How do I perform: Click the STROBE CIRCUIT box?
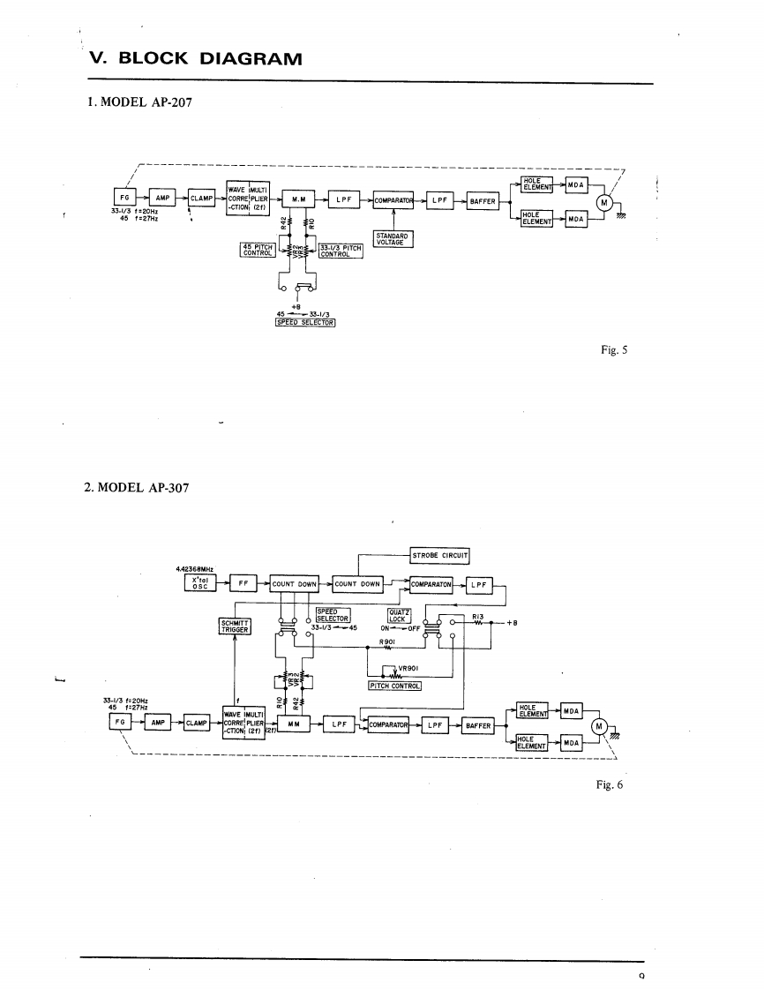pos(439,556)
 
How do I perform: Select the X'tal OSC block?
pos(199,583)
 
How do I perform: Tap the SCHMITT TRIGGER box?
pos(234,626)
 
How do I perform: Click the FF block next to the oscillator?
pos(242,583)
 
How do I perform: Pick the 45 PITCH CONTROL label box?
pos(258,250)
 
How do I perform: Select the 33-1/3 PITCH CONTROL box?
pos(341,251)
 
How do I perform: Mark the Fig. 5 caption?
pos(611,350)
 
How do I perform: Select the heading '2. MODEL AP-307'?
pos(139,486)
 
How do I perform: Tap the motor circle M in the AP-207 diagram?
pos(604,202)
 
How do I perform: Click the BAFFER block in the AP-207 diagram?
pos(482,201)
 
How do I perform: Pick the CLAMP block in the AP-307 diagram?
pos(195,723)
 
